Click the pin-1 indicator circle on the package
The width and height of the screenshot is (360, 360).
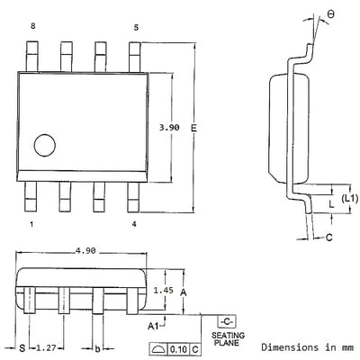pos(45,145)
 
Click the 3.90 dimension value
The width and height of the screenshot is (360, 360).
pos(169,128)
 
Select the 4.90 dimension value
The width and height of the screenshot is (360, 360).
pos(85,250)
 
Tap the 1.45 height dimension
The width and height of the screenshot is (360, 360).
pos(163,290)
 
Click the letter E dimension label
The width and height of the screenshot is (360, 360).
pos(193,128)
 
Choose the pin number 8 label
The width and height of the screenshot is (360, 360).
pos(32,26)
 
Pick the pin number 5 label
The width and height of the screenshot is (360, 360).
pos(136,28)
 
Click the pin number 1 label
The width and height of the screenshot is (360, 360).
pos(31,224)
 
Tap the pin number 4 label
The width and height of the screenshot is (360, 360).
pos(134,224)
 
